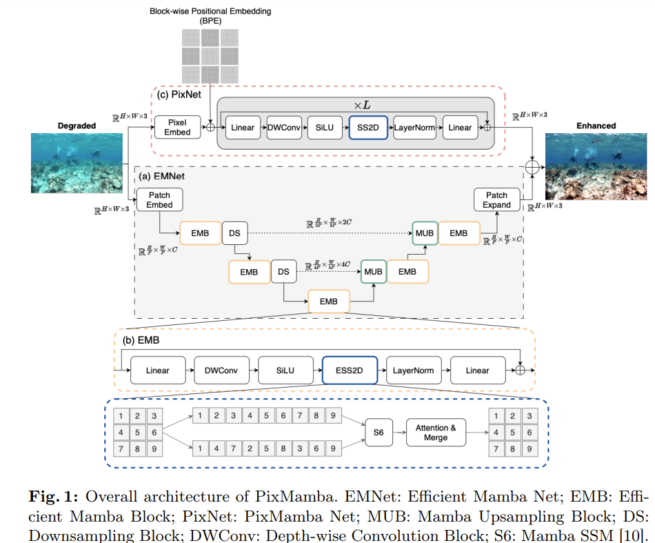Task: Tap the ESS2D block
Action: (349, 371)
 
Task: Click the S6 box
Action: (379, 433)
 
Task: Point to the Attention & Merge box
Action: (436, 433)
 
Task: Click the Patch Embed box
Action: (159, 200)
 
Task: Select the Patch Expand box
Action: (496, 200)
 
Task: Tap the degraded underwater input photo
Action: (75, 163)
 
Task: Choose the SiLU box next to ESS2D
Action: (285, 371)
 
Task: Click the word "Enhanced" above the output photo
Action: (596, 126)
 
